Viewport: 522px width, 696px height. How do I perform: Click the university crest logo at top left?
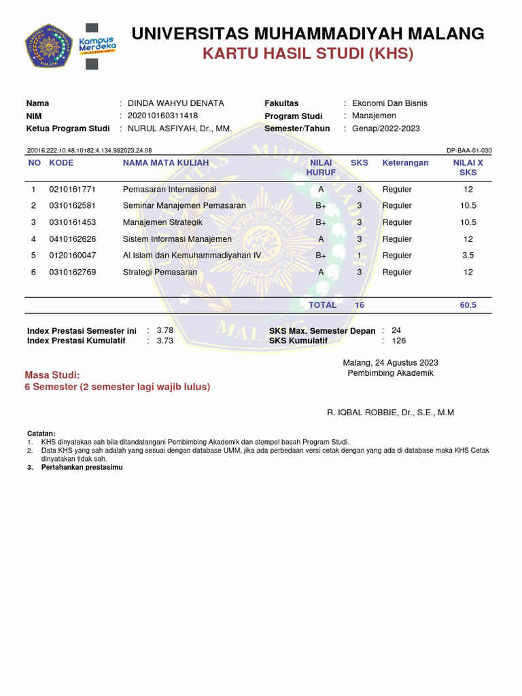[48, 47]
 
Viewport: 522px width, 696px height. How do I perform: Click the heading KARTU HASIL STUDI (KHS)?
[308, 54]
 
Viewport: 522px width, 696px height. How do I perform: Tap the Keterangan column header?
[405, 163]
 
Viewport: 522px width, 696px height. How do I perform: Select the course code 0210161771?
[73, 190]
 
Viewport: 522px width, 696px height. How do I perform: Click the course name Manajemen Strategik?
[162, 222]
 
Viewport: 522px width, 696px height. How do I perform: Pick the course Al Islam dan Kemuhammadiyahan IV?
[192, 256]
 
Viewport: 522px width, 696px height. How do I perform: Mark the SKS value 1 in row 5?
[360, 256]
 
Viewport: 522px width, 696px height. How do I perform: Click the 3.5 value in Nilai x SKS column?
[468, 256]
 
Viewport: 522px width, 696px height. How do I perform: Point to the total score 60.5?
[468, 305]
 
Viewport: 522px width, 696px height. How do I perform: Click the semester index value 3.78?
[165, 330]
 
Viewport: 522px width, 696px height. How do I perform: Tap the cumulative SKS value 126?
[399, 341]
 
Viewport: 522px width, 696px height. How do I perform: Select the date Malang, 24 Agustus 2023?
[390, 362]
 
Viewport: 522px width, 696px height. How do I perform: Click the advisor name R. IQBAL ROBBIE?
[391, 413]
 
